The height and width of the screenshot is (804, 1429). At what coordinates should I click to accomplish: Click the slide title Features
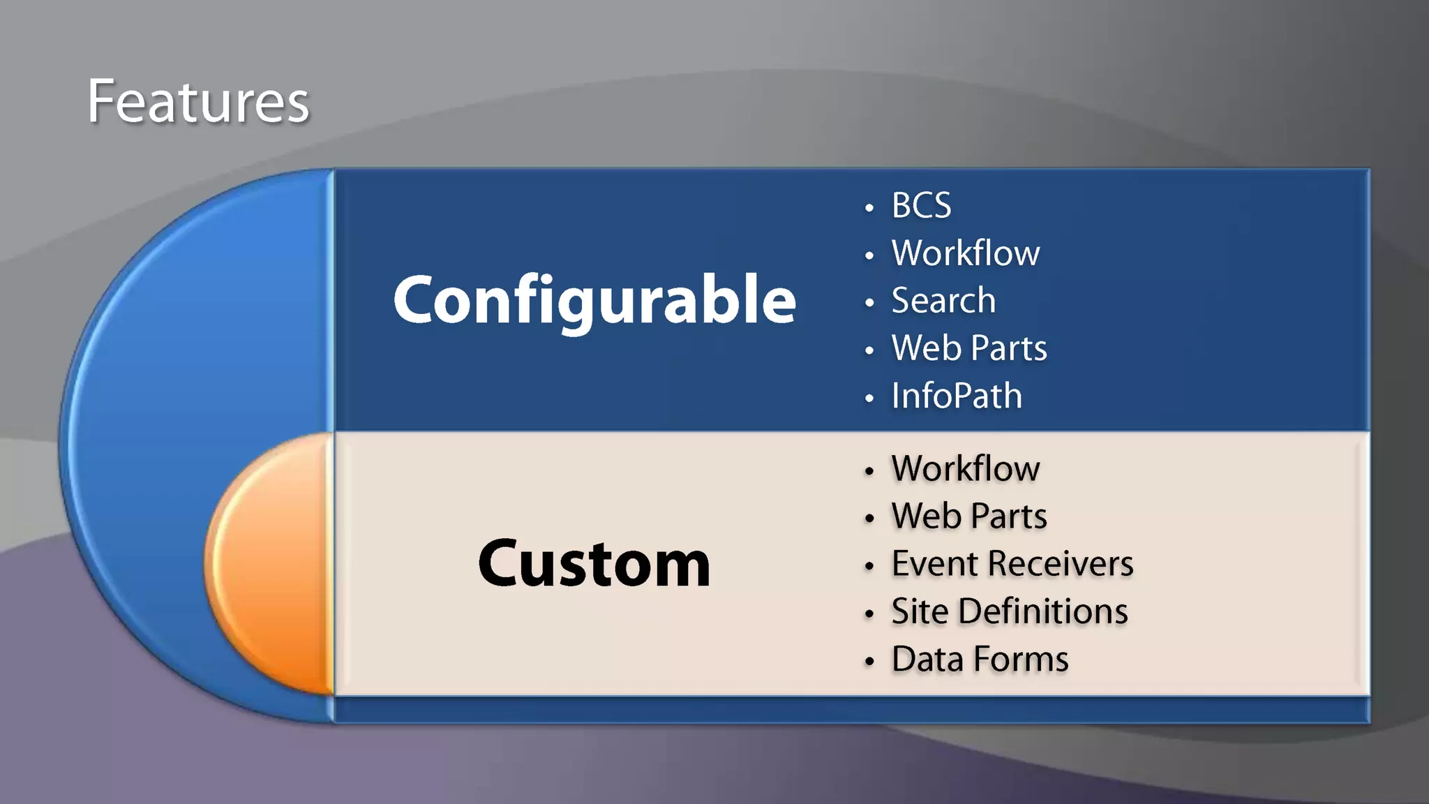point(197,102)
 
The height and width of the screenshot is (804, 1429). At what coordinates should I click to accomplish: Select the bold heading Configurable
point(594,300)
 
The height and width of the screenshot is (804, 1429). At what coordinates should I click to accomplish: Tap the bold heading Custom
point(594,564)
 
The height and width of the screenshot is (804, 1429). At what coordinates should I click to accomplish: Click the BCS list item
point(921,206)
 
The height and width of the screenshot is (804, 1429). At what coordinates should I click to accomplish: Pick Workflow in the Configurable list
point(966,253)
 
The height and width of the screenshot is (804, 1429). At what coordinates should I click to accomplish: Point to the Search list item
point(943,301)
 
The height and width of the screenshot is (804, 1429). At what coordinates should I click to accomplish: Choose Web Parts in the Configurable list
point(969,348)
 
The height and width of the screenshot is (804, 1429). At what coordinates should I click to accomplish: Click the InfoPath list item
point(957,396)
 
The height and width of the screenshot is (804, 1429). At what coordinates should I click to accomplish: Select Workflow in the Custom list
point(966,469)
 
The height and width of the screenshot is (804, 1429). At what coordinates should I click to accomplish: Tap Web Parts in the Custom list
point(969,516)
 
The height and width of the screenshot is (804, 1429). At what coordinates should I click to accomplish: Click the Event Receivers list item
point(1012,564)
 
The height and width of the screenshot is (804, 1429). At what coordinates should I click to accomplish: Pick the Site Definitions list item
point(1009,612)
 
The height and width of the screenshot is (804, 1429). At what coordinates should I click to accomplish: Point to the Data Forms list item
point(980,660)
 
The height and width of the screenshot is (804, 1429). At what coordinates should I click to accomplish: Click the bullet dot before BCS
point(869,208)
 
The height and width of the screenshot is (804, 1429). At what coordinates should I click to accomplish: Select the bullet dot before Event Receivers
point(869,566)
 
